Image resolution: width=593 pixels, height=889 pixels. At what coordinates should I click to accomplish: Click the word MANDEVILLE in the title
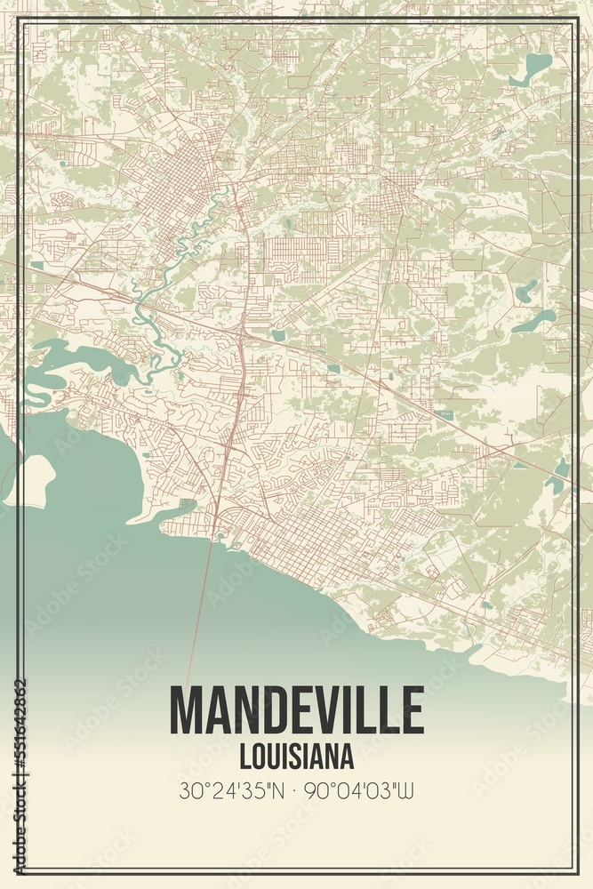(296, 710)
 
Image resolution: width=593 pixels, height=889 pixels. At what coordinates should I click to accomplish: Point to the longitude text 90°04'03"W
(358, 789)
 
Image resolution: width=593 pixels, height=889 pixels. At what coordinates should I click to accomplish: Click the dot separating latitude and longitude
(295, 789)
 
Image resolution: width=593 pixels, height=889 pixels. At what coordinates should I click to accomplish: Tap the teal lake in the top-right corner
(536, 66)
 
